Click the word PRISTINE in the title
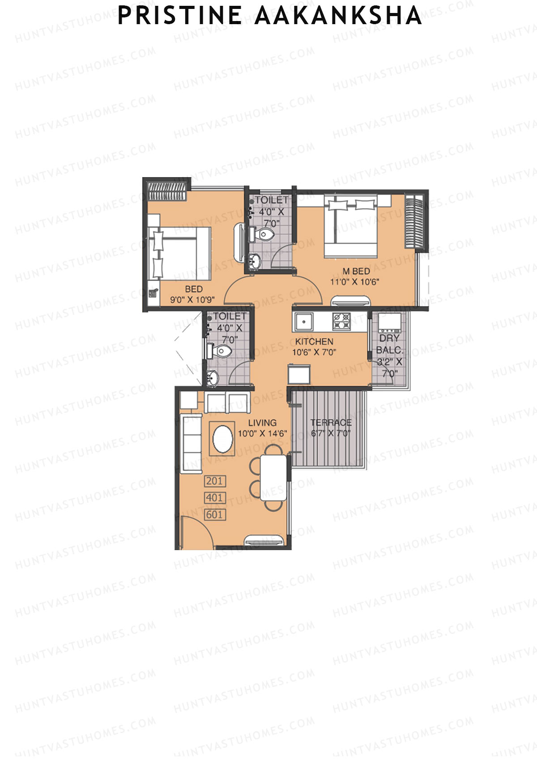[x=179, y=16]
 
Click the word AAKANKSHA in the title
[x=338, y=16]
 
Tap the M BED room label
[x=356, y=271]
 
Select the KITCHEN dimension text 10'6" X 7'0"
[x=314, y=352]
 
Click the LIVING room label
[x=262, y=423]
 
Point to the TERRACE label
[x=331, y=422]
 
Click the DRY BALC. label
[x=389, y=344]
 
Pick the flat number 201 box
[x=214, y=481]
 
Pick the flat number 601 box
[x=214, y=515]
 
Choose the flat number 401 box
[x=214, y=498]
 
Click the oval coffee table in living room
[x=222, y=439]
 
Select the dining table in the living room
[x=273, y=477]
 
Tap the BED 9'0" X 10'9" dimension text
[x=192, y=300]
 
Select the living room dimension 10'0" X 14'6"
[x=262, y=433]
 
